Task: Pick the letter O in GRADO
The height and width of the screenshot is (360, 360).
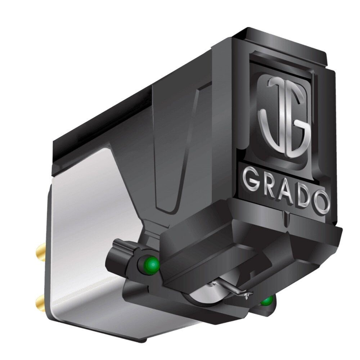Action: point(321,203)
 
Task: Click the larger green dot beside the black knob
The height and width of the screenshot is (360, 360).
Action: point(153,265)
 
